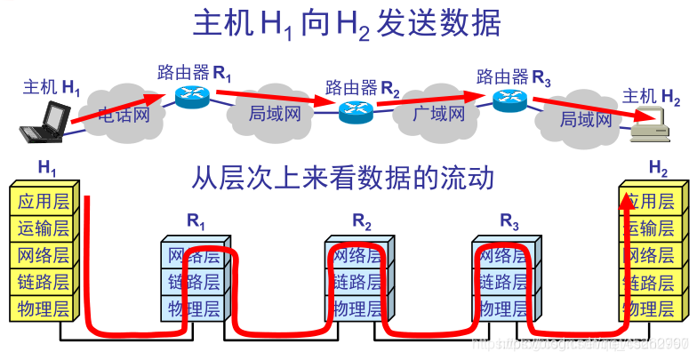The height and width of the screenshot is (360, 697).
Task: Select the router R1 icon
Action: coord(190,97)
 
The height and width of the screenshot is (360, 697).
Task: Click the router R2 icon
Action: coord(355,112)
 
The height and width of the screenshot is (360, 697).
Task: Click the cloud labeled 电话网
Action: coord(122,112)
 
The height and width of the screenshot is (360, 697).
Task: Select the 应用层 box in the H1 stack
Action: coord(44,200)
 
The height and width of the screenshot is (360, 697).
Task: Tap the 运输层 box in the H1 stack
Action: coord(44,228)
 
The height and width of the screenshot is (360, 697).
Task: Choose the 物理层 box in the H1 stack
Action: coord(44,309)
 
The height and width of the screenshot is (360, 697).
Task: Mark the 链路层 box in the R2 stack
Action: coord(358,283)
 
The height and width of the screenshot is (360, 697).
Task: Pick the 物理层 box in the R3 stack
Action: coord(503,309)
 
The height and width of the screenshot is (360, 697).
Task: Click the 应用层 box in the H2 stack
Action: coord(653,201)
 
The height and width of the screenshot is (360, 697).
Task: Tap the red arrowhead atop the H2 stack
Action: coord(629,197)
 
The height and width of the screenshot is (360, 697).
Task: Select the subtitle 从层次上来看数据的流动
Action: coord(342,178)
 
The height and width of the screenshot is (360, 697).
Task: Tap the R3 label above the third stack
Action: coord(509,220)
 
